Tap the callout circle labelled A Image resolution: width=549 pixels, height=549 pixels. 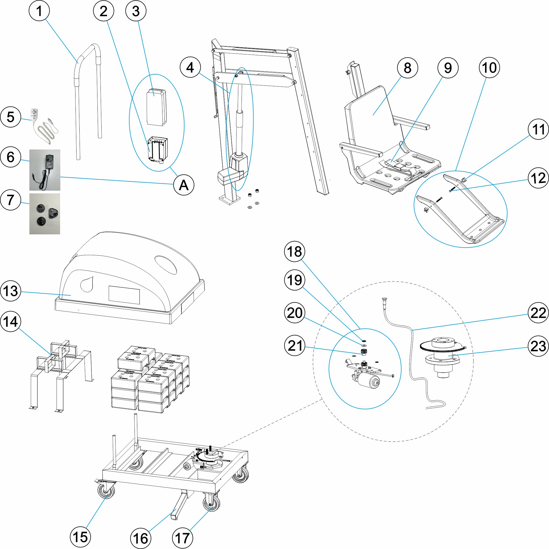184,185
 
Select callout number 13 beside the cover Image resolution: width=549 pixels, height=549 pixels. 11,291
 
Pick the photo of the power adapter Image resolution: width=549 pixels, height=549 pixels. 45,170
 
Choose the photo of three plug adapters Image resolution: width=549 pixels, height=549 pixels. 45,214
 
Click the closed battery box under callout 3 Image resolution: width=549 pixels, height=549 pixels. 156,107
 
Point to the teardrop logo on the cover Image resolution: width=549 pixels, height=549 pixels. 87,284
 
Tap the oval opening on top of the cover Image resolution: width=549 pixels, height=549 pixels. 166,265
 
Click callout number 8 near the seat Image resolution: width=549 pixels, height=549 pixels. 407,68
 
